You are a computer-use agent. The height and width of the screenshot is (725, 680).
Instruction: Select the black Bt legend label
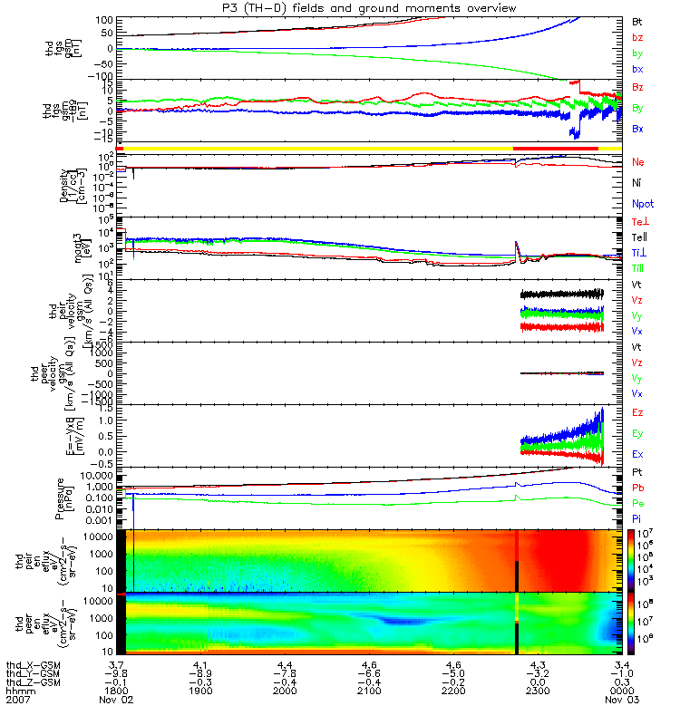637,19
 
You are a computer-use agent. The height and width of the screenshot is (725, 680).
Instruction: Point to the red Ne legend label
638,161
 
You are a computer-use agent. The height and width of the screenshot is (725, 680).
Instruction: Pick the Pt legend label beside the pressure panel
637,473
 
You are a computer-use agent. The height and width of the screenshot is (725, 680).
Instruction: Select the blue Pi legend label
637,517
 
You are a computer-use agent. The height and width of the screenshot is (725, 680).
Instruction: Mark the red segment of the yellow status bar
555,147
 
